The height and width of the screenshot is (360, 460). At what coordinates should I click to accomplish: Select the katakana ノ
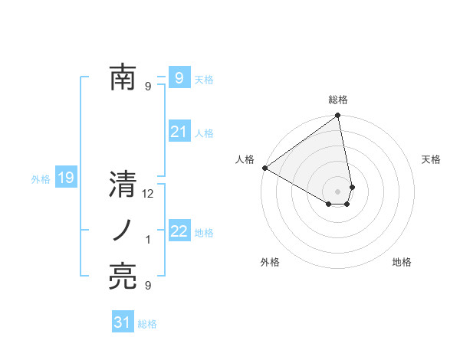123,231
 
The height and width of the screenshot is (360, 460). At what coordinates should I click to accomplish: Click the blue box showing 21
179,133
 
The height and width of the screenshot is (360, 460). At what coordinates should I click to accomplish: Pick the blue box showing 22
179,232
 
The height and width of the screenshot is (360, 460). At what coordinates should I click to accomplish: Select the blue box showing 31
123,323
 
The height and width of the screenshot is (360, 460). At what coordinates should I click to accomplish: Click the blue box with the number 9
179,78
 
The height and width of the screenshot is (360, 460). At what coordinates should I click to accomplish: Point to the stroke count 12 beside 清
148,194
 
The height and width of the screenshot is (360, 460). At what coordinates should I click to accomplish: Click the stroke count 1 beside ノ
148,241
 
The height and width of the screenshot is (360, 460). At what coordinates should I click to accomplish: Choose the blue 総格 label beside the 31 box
147,324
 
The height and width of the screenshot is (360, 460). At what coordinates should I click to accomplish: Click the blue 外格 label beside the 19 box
41,180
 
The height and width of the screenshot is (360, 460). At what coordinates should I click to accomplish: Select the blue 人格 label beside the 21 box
204,133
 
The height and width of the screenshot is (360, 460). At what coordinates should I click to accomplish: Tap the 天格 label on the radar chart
431,159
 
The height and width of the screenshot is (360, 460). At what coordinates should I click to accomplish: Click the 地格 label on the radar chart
402,262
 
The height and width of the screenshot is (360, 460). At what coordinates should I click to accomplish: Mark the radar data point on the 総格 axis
337,116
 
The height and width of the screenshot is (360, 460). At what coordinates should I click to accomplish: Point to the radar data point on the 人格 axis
264,168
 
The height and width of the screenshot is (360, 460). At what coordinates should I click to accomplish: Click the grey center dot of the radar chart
337,191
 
